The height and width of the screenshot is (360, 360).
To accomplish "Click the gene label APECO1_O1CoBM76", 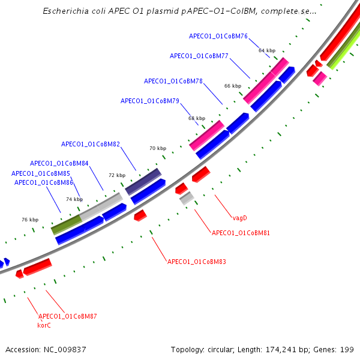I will point(218,36).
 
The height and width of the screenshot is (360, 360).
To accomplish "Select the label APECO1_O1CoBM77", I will point(199,56).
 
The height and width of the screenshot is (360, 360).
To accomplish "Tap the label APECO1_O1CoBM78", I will point(173,81).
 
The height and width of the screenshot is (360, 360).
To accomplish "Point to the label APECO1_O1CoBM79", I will point(149,101).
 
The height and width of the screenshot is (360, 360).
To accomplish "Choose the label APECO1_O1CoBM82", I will point(91,144).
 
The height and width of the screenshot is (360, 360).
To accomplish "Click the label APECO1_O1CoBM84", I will point(59,163).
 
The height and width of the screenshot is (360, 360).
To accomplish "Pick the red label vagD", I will point(240,218).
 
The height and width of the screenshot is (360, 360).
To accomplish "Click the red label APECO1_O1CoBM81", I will point(241,232).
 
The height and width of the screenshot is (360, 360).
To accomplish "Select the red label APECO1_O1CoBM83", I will point(196,262).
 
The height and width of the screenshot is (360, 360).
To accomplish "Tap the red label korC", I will point(44,325).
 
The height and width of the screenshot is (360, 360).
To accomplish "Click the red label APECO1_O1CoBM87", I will point(67,316).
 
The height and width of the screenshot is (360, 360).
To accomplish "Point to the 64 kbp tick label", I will point(267,50).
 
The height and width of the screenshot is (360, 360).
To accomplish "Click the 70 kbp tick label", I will point(158,148).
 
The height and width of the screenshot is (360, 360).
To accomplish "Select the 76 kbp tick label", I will point(30,220).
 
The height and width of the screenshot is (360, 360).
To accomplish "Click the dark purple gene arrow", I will point(143,181).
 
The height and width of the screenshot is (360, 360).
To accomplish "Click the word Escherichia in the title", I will point(64,11).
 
